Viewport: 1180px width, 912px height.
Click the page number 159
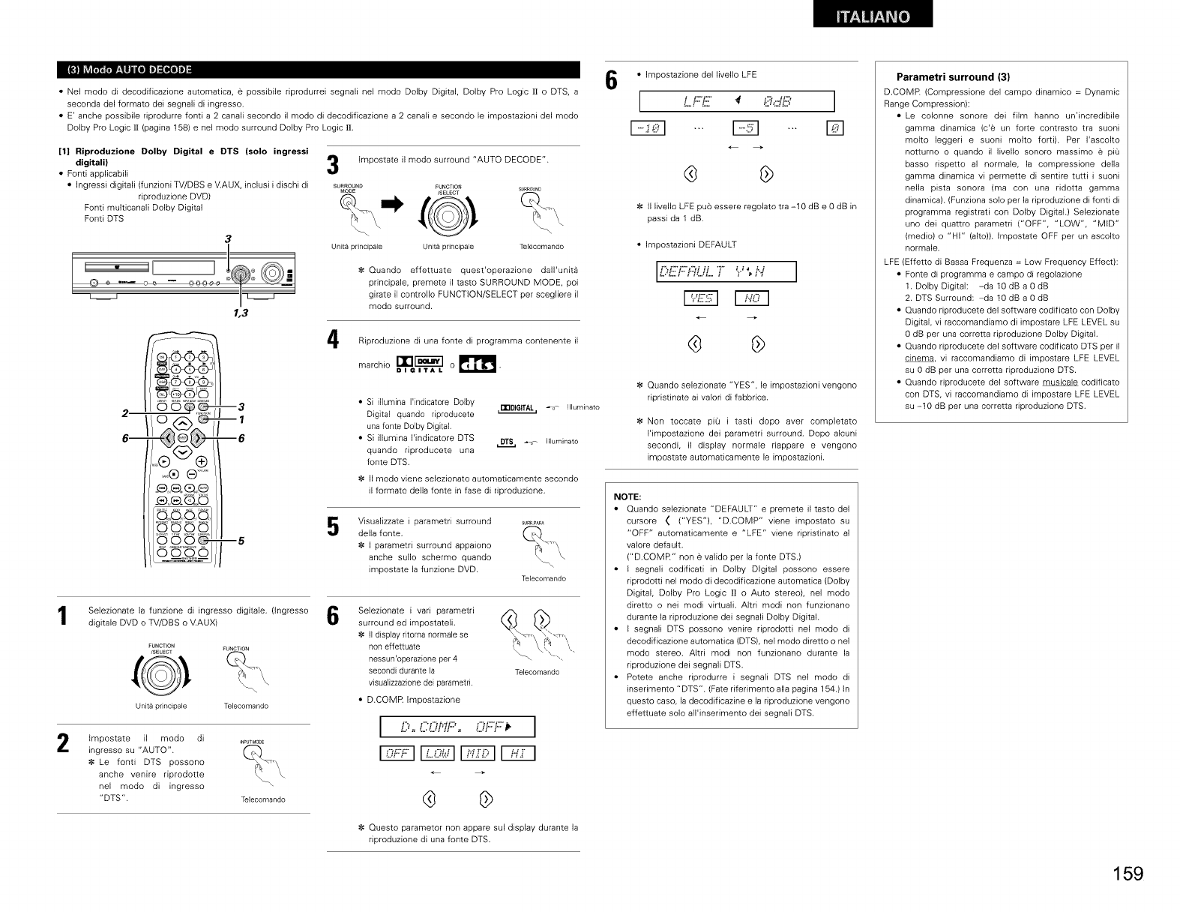[1128, 874]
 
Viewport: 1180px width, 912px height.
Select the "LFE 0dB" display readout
[737, 100]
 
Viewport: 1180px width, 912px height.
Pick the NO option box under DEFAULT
[752, 299]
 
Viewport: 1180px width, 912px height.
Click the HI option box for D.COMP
[517, 754]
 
